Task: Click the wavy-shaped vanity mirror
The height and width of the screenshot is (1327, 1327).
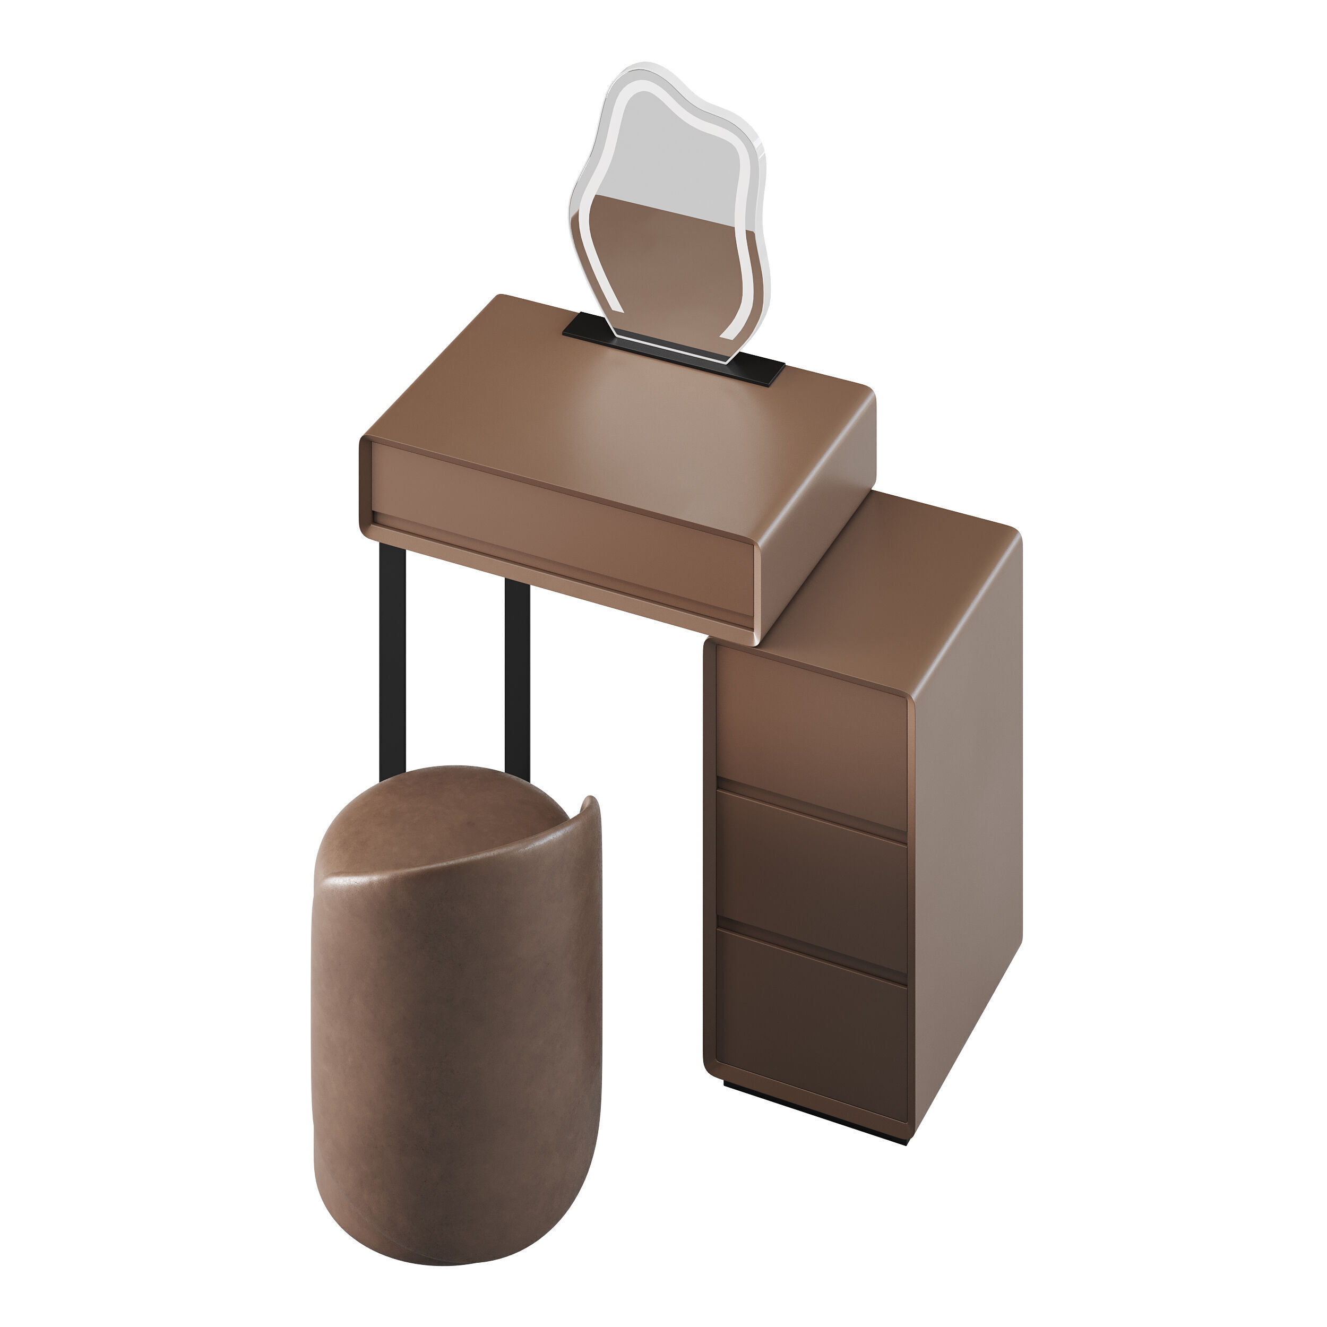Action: [670, 206]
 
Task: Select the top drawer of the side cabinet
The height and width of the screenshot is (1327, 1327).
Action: [811, 742]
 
